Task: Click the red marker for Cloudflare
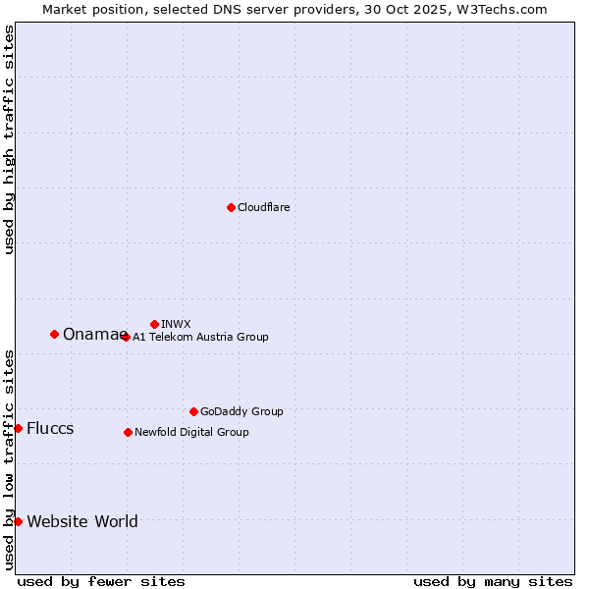(x=231, y=207)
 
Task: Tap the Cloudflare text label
(x=263, y=207)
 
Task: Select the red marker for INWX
(x=154, y=324)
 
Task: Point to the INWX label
(x=176, y=324)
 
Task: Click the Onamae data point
(x=54, y=334)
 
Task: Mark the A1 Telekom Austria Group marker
(x=125, y=337)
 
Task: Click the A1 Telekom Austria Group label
(x=200, y=337)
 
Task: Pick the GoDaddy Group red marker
(x=193, y=411)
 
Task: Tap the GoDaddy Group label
(x=241, y=411)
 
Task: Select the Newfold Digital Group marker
(x=128, y=432)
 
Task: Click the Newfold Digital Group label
(x=191, y=432)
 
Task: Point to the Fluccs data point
(x=18, y=428)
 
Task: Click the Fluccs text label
(x=50, y=429)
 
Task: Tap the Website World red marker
(x=18, y=521)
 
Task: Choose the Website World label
(x=82, y=522)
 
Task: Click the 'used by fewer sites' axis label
(x=101, y=581)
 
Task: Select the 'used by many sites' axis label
(x=493, y=581)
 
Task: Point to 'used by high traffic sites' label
(x=9, y=139)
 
